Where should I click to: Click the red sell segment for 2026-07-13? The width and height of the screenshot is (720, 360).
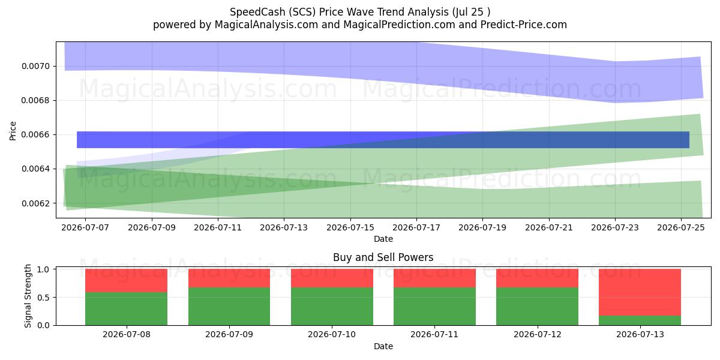click(640, 292)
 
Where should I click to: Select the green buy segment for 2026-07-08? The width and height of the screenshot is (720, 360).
click(127, 308)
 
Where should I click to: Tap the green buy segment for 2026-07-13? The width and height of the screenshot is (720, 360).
click(640, 320)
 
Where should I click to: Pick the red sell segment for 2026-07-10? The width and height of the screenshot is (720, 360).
click(332, 278)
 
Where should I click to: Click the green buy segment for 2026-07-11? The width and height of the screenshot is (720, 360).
click(434, 307)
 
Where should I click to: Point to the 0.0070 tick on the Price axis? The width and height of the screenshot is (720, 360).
click(35, 66)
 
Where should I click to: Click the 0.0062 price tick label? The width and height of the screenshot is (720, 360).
click(35, 203)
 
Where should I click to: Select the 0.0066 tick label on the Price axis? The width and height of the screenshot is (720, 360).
click(35, 134)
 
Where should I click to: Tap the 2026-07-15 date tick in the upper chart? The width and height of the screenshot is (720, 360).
click(350, 227)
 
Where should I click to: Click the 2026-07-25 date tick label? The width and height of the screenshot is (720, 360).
click(681, 227)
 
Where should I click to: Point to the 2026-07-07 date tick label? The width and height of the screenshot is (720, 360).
click(85, 227)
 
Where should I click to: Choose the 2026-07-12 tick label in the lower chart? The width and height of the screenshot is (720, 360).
click(538, 334)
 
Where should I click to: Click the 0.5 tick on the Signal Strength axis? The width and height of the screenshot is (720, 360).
click(43, 298)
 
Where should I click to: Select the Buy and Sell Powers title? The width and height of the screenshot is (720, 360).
click(383, 257)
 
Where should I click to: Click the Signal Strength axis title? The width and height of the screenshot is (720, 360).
click(28, 296)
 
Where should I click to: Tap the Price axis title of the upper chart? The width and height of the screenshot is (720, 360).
click(13, 131)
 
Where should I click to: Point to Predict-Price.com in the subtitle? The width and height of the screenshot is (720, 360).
click(524, 25)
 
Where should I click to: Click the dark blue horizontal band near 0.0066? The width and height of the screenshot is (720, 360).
click(383, 140)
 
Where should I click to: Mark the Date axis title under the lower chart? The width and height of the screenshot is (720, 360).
click(383, 347)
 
